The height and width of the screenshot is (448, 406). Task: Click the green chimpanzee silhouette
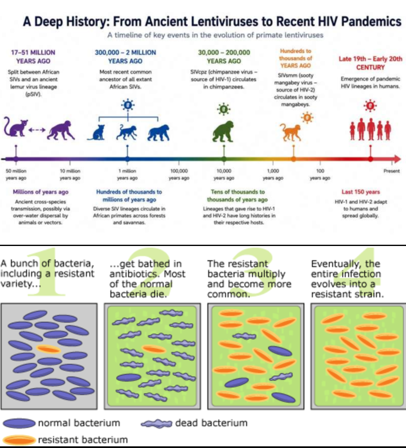point(223,131)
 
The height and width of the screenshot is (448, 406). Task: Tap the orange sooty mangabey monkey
point(290,132)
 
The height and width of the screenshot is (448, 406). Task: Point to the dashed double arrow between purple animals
point(37,130)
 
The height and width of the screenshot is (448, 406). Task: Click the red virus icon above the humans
point(370,106)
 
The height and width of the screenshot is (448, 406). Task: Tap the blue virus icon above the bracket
point(128,105)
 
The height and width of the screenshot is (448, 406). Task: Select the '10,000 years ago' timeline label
point(224,174)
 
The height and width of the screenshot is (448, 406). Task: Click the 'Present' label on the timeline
point(391,171)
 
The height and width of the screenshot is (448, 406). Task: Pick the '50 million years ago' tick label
point(16,174)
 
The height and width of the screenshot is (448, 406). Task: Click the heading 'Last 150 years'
point(360,192)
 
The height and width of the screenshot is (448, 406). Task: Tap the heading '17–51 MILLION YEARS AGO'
point(33,56)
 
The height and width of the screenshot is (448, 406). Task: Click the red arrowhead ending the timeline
point(397,159)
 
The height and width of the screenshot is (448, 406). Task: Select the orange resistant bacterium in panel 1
point(48,349)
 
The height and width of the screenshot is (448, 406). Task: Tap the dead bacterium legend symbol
point(157,424)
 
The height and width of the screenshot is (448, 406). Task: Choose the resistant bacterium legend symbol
point(19,440)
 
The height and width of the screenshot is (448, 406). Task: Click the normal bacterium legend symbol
point(19,423)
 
